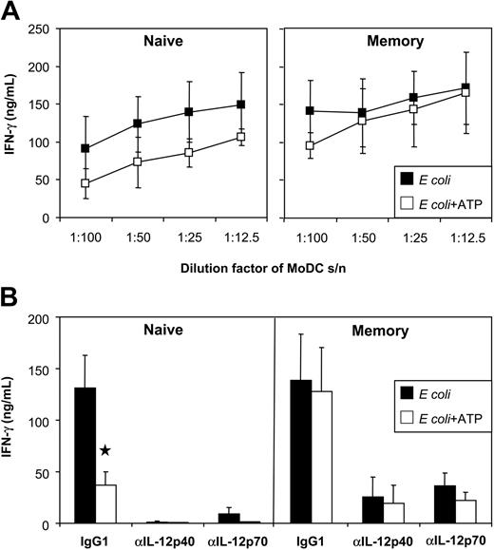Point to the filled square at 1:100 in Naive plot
pos(86,148)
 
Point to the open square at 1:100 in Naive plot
pos(86,183)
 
